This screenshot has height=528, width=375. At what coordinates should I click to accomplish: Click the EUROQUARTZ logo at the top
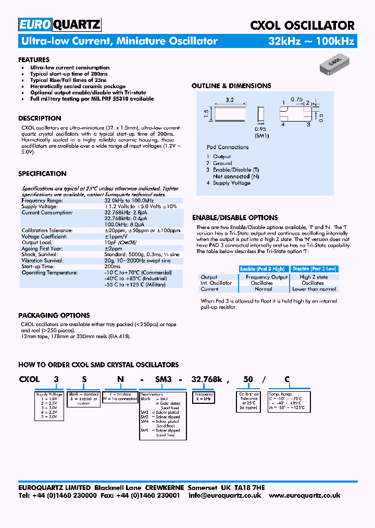point(59,25)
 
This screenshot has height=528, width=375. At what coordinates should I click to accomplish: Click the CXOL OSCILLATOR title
point(302,25)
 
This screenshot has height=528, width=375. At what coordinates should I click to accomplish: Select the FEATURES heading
point(34,59)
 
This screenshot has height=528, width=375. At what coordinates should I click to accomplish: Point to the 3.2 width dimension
point(229,99)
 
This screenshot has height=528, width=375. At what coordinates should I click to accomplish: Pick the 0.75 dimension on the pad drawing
point(296,99)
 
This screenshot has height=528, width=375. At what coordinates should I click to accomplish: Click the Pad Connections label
point(228,147)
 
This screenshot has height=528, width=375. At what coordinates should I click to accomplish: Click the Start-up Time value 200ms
point(113,266)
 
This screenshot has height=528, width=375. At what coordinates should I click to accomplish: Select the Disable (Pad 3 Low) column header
point(314,269)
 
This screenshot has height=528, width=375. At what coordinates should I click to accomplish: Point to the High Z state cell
point(314,277)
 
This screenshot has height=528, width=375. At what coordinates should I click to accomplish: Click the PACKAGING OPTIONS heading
point(54,315)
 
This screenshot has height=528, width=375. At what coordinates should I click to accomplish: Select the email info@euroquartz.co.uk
point(224,496)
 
